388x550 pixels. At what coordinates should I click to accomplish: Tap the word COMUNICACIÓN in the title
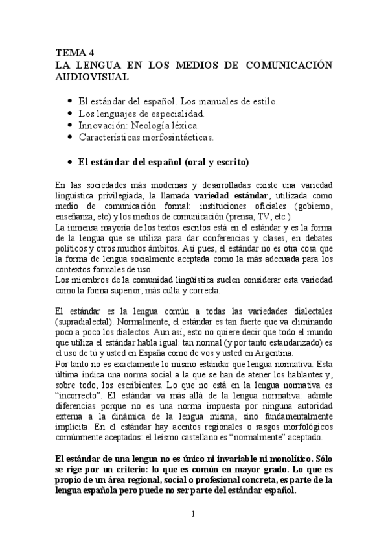tap(287, 65)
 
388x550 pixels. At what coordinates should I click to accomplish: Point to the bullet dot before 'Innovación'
tap(70, 125)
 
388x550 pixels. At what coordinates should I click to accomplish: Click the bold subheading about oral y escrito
tap(163, 161)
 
